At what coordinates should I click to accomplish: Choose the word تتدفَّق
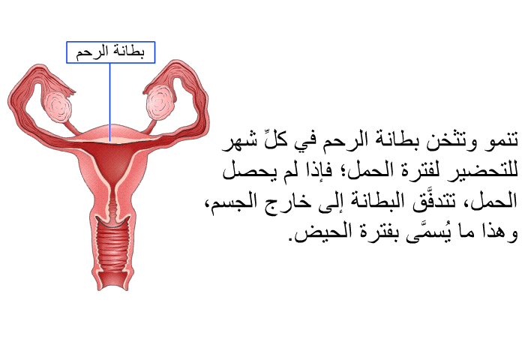click(x=436, y=202)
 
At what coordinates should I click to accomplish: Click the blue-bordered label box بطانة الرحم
click(x=110, y=52)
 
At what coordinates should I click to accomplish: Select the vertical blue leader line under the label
click(x=109, y=102)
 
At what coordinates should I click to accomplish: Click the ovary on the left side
click(x=58, y=106)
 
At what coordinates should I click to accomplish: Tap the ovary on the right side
click(x=160, y=102)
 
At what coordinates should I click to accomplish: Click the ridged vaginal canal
click(x=112, y=246)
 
